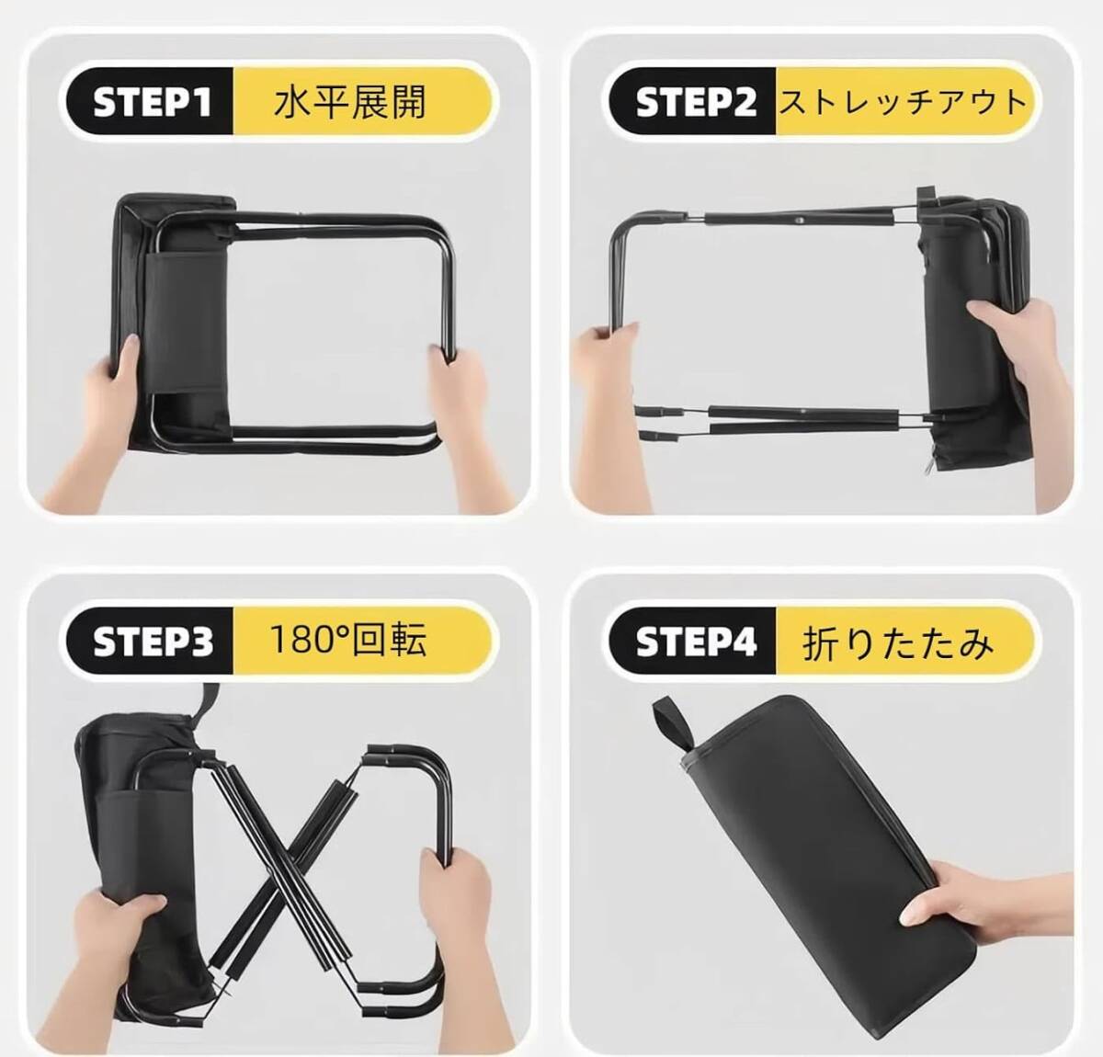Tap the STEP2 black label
tap(694, 101)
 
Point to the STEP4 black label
tap(694, 641)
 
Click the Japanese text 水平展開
tap(349, 103)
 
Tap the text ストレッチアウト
tap(904, 102)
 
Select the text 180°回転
tap(348, 641)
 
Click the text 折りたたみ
tap(898, 643)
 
